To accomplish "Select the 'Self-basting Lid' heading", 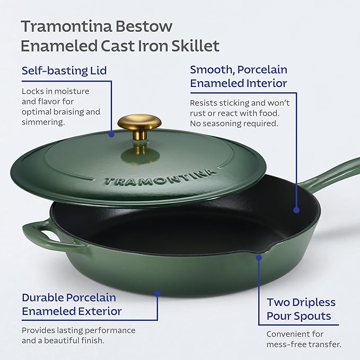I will (64, 71).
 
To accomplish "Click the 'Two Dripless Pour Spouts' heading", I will (301, 309).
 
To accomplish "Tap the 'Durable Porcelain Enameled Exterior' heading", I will (72, 304).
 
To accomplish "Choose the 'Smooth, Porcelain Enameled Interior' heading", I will (239, 76).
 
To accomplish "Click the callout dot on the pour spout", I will (259, 258).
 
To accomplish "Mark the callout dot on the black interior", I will (296, 210).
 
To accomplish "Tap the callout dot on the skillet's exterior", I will (157, 292).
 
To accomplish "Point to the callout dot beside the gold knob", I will (111, 135).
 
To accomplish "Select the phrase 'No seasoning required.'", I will (234, 124).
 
